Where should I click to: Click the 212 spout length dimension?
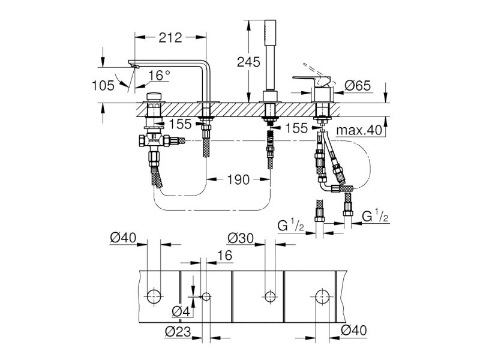170,38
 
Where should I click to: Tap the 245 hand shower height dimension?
248,62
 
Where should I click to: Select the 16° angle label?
159,76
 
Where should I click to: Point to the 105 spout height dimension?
103,85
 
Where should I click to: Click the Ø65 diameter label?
358,85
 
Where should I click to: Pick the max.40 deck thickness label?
359,130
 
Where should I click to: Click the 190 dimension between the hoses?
238,179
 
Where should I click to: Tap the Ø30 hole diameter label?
241,238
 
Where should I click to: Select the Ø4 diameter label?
181,311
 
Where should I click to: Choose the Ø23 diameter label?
178,331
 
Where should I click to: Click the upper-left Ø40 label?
123,238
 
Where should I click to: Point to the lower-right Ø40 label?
353,331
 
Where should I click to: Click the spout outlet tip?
134,66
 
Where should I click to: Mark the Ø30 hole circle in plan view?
270,296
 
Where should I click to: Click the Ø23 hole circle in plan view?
206,296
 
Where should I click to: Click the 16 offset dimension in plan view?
226,256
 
